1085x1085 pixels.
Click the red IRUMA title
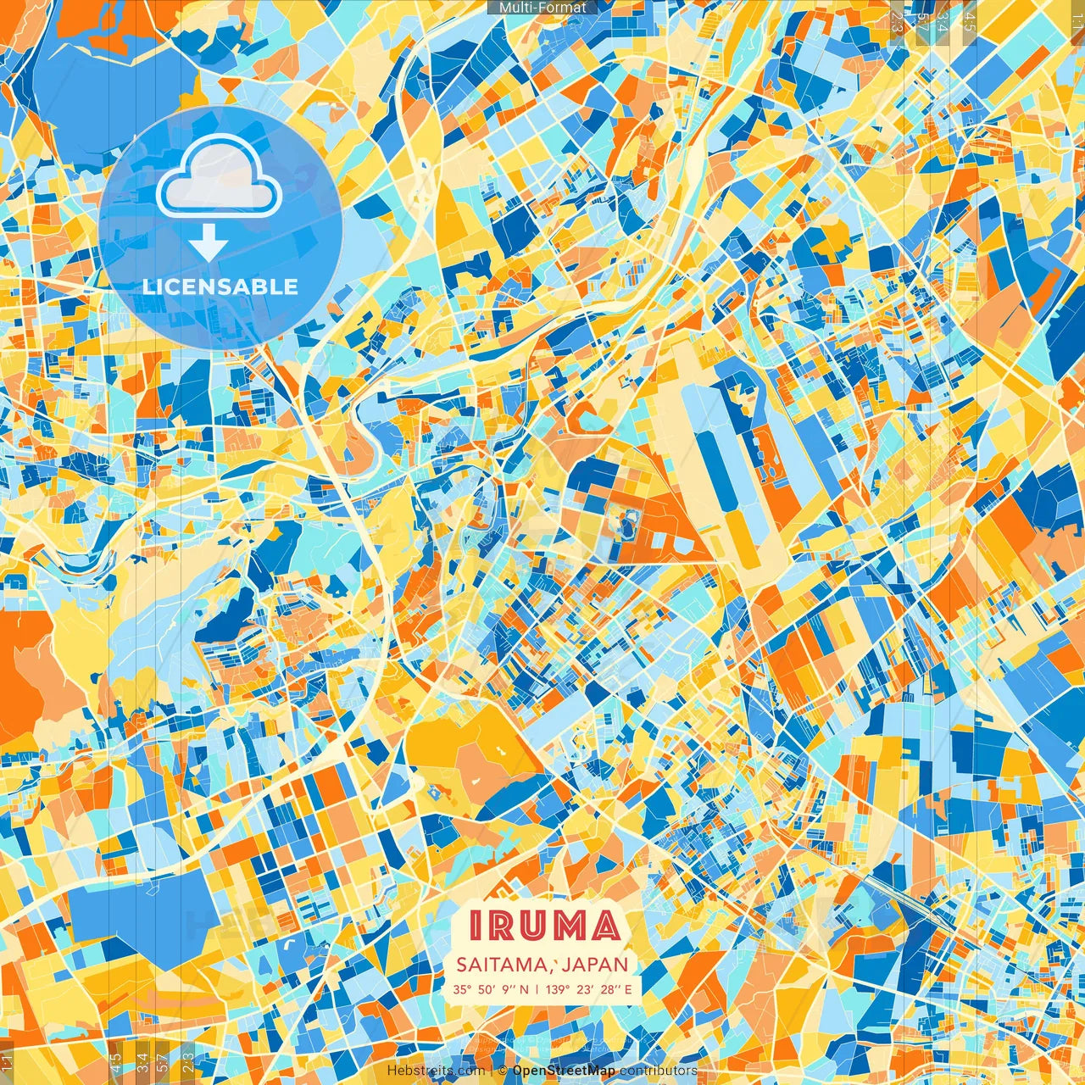[x=544, y=926]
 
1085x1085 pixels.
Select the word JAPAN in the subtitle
[x=595, y=965]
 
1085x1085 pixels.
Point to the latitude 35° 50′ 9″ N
[x=490, y=989]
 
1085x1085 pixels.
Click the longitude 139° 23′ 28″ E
[x=589, y=989]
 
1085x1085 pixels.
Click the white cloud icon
[x=219, y=178]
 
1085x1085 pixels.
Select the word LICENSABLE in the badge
[x=220, y=287]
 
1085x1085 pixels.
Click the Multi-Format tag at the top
[x=542, y=8]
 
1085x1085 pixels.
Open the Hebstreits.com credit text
[x=436, y=1071]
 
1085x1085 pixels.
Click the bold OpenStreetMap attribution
[x=564, y=1071]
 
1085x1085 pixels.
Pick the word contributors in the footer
[x=659, y=1071]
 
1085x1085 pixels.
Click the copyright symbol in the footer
[x=502, y=1071]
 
